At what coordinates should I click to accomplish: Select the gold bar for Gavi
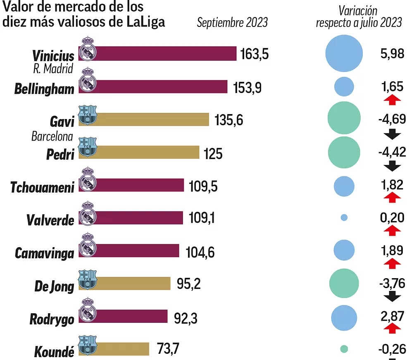click(x=153, y=119)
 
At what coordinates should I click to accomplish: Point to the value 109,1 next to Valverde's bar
click(x=202, y=218)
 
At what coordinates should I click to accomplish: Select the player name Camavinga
click(x=45, y=253)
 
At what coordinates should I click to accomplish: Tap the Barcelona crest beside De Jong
click(x=88, y=280)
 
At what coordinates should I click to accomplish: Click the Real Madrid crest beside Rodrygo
click(x=87, y=313)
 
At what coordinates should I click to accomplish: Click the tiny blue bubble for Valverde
click(x=344, y=217)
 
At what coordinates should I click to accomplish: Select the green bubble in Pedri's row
click(x=344, y=152)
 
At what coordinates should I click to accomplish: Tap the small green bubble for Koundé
click(x=344, y=349)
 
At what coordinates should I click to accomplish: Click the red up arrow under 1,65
click(x=392, y=100)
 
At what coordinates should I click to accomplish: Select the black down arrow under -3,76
click(x=392, y=296)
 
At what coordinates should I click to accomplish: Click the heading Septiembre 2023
click(x=232, y=23)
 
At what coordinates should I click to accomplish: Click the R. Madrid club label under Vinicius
click(x=53, y=69)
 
